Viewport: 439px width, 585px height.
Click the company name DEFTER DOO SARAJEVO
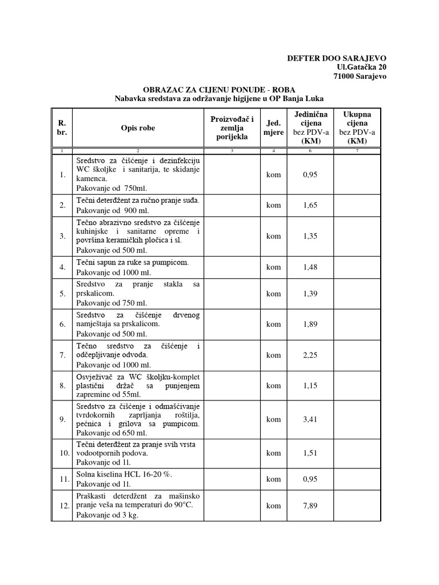point(336,58)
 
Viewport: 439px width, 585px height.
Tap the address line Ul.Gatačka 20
point(362,67)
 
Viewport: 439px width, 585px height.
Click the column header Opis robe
point(138,128)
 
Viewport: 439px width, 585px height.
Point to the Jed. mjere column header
point(273,128)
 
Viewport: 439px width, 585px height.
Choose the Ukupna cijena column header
point(357,128)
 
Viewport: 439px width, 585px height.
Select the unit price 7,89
point(309,506)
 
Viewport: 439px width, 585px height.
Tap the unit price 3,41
point(309,419)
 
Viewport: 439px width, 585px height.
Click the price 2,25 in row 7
point(309,355)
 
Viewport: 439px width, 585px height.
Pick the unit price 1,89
point(309,324)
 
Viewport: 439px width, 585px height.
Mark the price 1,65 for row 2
point(309,205)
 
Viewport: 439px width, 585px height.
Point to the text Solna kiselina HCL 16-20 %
point(124,474)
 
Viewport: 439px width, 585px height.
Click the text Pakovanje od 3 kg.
point(107,515)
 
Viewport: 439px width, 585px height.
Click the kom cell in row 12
point(273,506)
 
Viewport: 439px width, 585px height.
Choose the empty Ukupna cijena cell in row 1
point(357,174)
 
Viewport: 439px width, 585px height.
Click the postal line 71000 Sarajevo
point(360,76)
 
